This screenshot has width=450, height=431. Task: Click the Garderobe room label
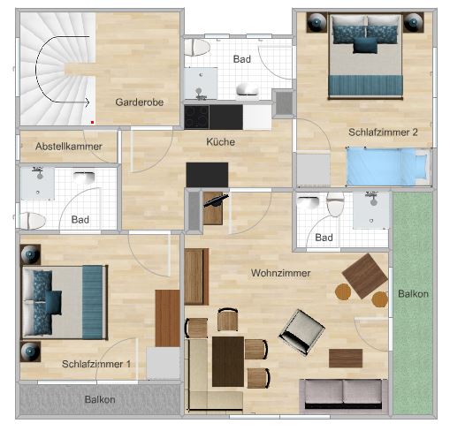(x=140, y=102)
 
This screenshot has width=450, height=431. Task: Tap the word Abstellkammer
(x=69, y=147)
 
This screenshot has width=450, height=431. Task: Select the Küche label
(x=220, y=142)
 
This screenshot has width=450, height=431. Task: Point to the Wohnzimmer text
(x=280, y=273)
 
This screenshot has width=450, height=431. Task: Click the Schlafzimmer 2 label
(x=383, y=132)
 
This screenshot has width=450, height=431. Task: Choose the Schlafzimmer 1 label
(x=96, y=364)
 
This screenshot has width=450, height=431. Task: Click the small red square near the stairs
(x=92, y=122)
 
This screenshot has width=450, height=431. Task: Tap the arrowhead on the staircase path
(x=88, y=102)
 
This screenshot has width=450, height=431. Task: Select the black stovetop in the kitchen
(x=196, y=117)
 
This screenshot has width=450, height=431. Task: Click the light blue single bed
(x=388, y=167)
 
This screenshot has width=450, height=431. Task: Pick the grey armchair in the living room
(x=301, y=332)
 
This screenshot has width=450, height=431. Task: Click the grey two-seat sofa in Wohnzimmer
(x=343, y=395)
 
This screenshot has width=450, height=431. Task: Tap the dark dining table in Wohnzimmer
(x=228, y=361)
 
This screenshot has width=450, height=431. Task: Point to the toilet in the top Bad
(x=197, y=48)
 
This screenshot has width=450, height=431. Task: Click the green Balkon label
(x=413, y=293)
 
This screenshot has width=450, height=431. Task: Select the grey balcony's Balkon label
(x=100, y=399)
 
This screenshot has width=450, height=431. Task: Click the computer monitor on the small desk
(x=216, y=200)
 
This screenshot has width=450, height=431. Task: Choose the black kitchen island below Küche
(x=207, y=175)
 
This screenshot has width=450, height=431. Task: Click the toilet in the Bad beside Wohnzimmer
(x=335, y=204)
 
